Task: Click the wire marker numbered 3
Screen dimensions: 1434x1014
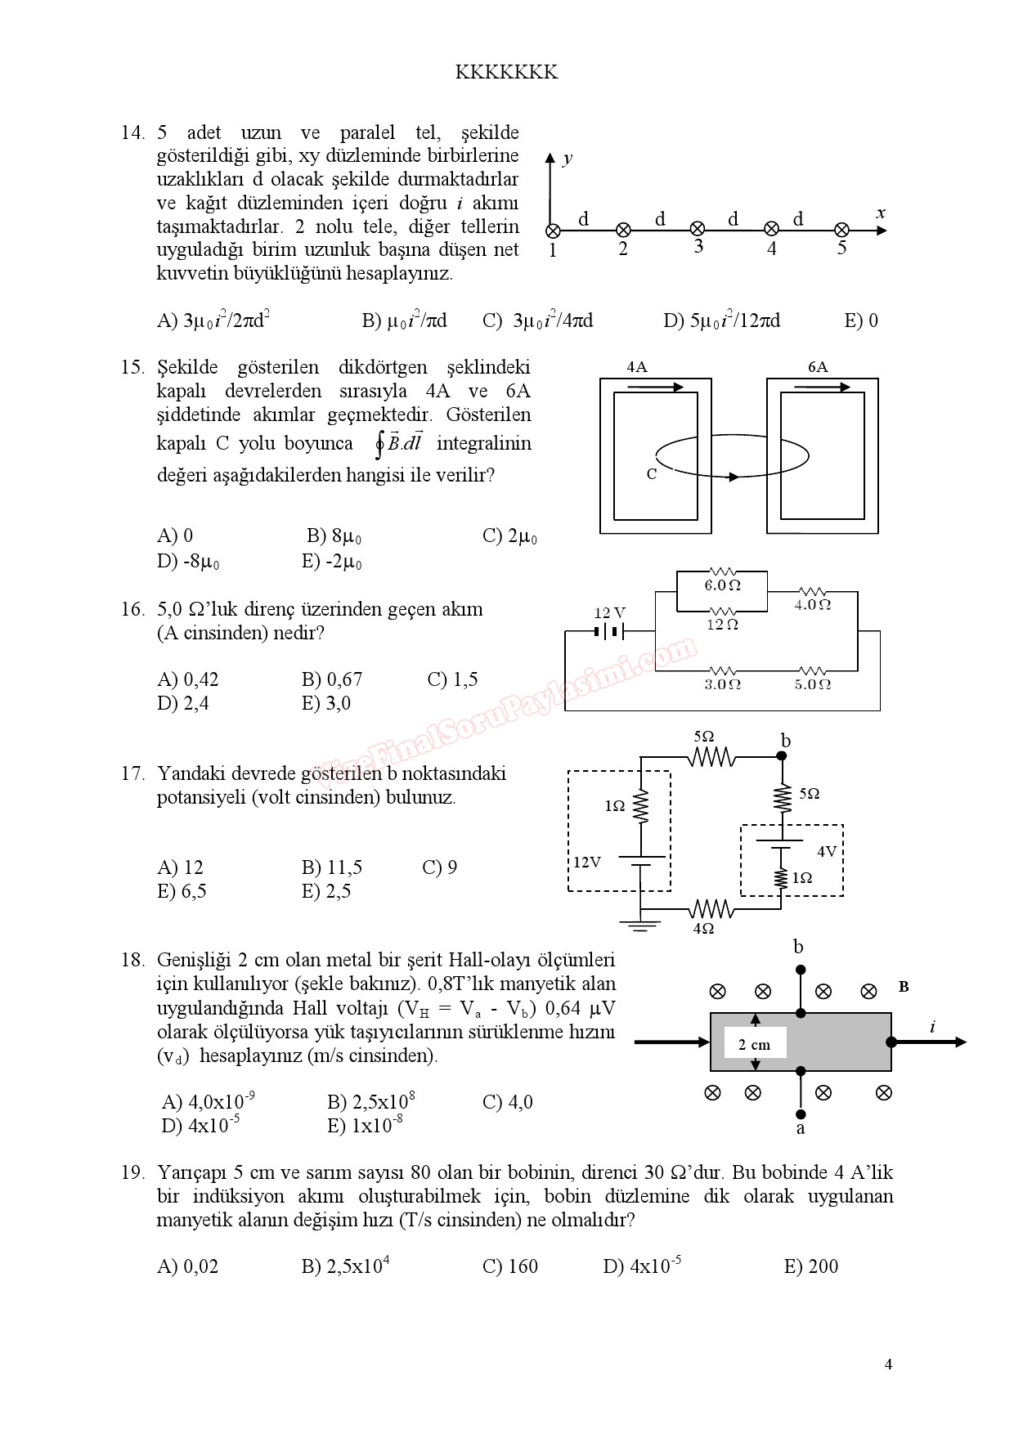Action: click(x=698, y=230)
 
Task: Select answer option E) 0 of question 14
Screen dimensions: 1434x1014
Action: click(x=860, y=320)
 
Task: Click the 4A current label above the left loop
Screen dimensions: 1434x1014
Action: click(x=637, y=367)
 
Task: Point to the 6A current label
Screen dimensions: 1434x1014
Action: click(x=818, y=367)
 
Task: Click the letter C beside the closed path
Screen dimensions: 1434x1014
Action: click(x=652, y=474)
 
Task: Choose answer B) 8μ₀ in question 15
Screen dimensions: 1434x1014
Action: click(x=334, y=536)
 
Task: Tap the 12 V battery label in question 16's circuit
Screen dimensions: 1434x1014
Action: click(x=609, y=612)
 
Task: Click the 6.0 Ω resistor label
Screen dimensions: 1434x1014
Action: click(x=723, y=585)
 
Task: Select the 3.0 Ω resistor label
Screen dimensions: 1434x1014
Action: click(x=723, y=684)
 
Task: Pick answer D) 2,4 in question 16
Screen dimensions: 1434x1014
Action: click(x=183, y=703)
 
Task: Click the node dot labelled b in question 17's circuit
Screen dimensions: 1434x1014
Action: click(x=782, y=756)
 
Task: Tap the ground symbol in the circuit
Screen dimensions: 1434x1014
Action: click(x=640, y=925)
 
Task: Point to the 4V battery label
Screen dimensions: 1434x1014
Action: click(x=827, y=851)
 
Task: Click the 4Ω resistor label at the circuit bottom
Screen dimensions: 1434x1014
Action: click(x=703, y=929)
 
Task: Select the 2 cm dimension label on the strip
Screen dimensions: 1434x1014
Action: click(x=754, y=1044)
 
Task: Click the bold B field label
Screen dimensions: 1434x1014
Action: click(x=904, y=987)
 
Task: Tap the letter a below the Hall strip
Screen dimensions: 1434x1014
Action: click(x=801, y=1128)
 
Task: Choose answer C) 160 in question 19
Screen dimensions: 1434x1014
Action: click(x=510, y=1266)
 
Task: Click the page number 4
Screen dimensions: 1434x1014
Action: click(x=888, y=1364)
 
